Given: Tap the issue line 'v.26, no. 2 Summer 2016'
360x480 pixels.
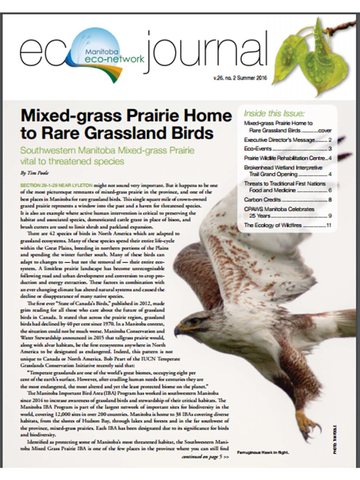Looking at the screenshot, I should pos(240,78).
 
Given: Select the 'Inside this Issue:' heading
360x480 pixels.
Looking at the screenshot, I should pos(274,114).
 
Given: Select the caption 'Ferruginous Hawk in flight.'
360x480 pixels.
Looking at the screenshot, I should pos(263,452).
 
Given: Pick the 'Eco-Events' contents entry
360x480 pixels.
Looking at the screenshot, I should pos(258,149).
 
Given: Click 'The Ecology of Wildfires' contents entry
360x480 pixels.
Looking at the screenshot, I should pos(273,225).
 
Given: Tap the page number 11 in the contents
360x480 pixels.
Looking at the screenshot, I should pos(329,225).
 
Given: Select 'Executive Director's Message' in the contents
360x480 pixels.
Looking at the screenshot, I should pos(279,140).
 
